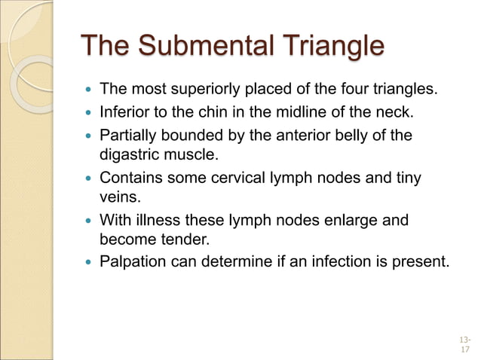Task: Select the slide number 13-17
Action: click(x=462, y=344)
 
